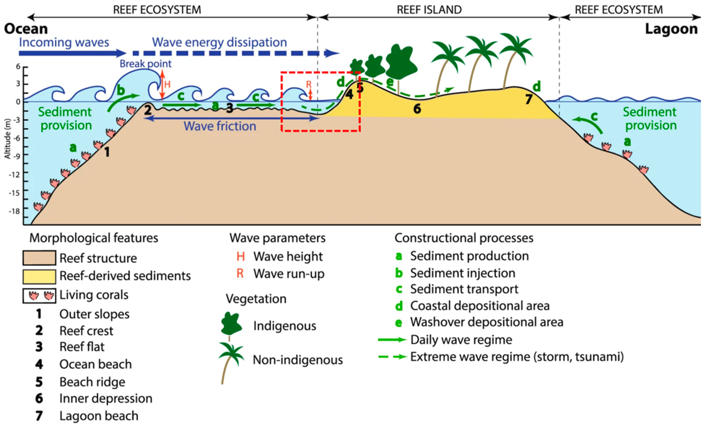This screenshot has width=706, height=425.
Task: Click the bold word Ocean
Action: coord(26,29)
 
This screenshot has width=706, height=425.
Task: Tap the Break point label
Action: coord(145,64)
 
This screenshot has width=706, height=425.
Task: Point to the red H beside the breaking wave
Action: coord(167,84)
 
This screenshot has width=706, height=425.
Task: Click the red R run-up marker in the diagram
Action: coord(309,84)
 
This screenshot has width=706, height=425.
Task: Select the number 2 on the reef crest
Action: coord(148,110)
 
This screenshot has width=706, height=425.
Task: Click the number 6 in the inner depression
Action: coord(417,109)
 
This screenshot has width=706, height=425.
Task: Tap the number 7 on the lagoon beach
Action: coord(529,99)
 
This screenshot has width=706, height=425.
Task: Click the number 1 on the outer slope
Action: coord(107,152)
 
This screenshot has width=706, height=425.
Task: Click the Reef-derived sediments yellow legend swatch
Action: coord(39,276)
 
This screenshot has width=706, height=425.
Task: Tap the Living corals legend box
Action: coord(39,295)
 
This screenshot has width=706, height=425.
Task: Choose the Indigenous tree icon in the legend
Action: coord(231,325)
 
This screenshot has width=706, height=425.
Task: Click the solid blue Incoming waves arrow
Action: coord(72,53)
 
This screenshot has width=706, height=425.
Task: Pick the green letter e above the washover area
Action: coord(390,82)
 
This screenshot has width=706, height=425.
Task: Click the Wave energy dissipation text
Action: coord(220,42)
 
